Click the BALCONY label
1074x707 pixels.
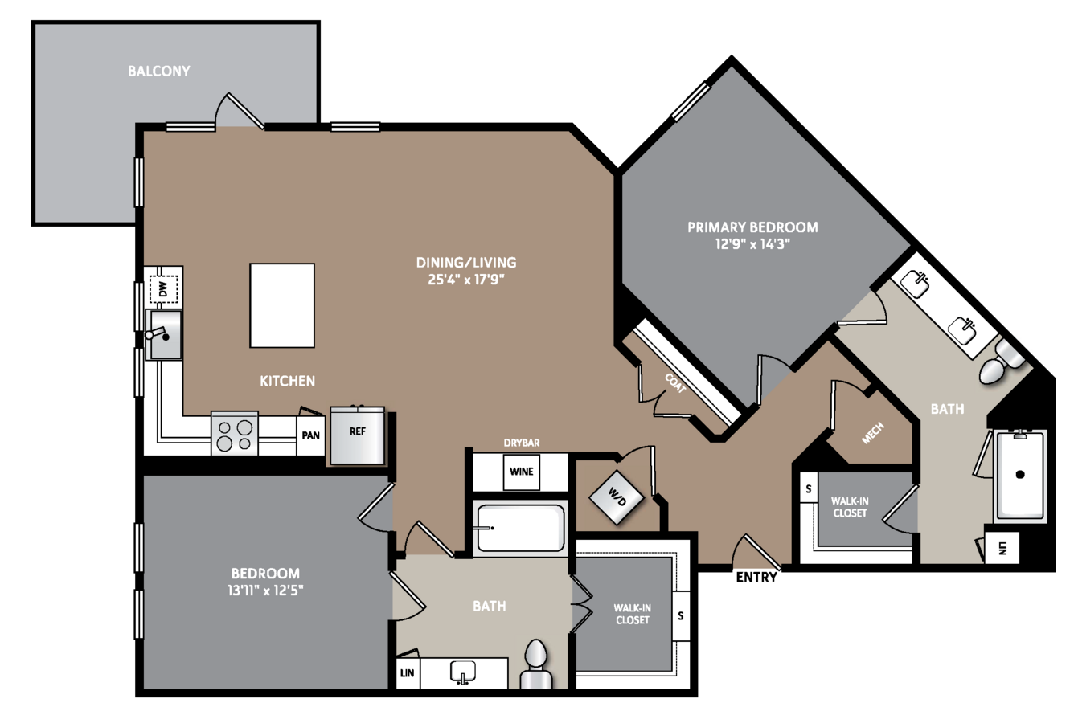158,72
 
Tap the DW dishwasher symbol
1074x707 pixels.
163,289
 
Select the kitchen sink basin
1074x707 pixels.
164,334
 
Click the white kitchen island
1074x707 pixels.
282,305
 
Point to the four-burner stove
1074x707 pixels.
235,434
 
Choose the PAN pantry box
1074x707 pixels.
310,435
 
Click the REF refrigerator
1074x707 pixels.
357,435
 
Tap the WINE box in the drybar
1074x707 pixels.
521,472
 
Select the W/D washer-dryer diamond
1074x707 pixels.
617,497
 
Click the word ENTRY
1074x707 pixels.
756,577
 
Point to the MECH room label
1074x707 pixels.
873,433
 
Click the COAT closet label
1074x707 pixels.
675,383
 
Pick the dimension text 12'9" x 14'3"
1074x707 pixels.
752,244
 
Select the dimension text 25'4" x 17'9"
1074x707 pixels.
466,280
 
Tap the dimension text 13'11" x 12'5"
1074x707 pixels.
265,590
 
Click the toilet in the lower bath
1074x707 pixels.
536,664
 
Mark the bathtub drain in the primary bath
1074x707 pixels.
1020,475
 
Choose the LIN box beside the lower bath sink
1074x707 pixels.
407,673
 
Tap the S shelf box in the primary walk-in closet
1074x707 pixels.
809,488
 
